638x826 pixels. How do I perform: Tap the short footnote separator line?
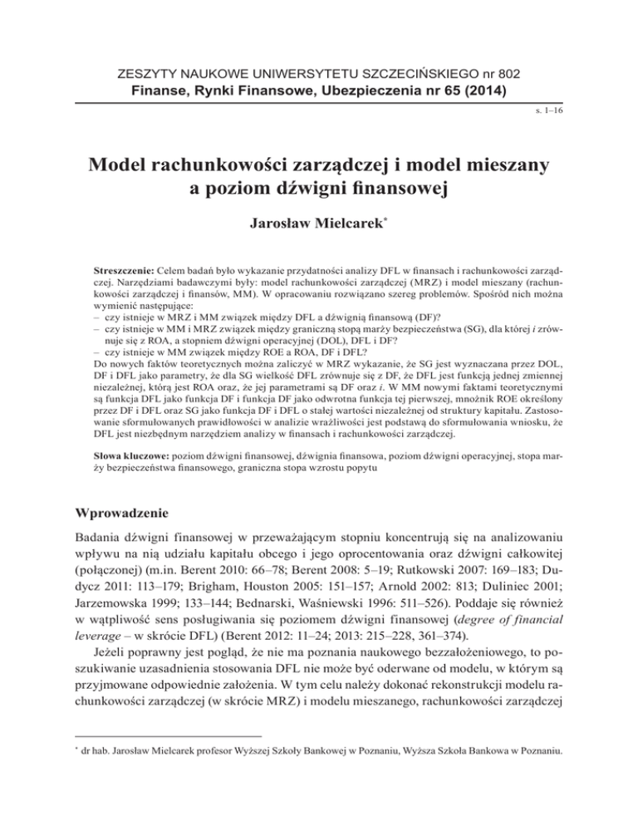pos(169,782)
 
